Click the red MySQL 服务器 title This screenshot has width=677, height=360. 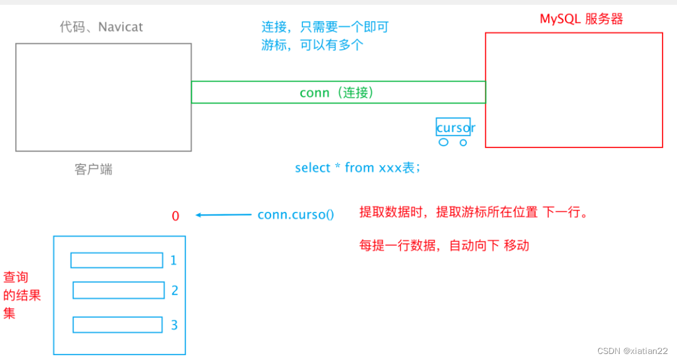click(x=581, y=19)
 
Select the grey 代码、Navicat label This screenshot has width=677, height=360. click(x=101, y=27)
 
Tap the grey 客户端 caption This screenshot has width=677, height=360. click(x=93, y=169)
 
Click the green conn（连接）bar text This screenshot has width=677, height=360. click(x=337, y=93)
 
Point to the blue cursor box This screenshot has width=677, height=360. click(x=453, y=126)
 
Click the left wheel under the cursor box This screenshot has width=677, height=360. click(x=443, y=143)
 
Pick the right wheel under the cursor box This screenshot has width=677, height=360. click(x=463, y=143)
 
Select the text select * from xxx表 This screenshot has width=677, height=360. click(x=357, y=168)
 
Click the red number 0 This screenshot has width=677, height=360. click(x=175, y=216)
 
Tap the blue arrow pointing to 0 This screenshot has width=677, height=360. click(x=223, y=215)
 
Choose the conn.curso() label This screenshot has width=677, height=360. click(x=295, y=215)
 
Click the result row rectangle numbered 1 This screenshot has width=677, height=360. click(x=116, y=260)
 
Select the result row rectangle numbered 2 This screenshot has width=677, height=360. click(x=119, y=290)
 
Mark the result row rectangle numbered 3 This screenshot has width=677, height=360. click(x=117, y=325)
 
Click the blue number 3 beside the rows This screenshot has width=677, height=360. click(x=174, y=325)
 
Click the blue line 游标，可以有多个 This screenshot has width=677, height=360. click(x=312, y=45)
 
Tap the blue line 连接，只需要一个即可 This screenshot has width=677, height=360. click(x=325, y=26)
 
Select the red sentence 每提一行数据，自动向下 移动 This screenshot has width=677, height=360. click(x=444, y=246)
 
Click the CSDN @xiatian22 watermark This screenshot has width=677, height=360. click(x=632, y=350)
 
